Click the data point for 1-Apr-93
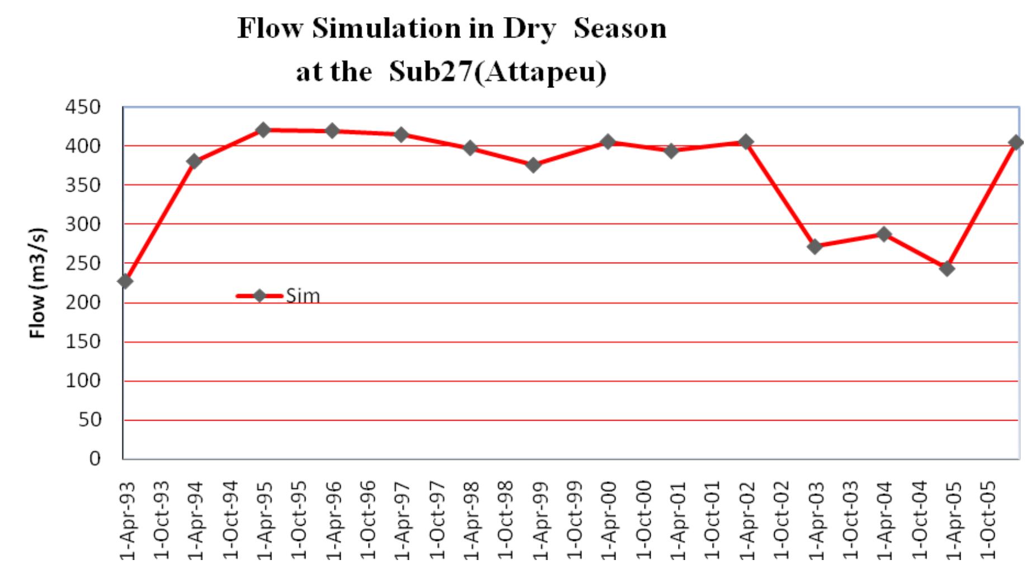click(x=125, y=281)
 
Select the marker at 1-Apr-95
click(x=263, y=130)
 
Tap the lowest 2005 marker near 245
click(x=947, y=268)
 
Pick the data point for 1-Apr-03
click(x=815, y=246)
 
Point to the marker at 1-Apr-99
click(x=533, y=165)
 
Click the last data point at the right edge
click(x=1016, y=142)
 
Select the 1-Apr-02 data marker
click(x=745, y=142)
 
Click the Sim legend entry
click(x=302, y=296)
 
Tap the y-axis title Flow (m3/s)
click(x=37, y=283)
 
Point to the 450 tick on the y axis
click(x=83, y=107)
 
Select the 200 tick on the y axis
click(x=83, y=302)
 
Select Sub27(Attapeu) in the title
click(x=497, y=73)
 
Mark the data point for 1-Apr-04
click(x=884, y=234)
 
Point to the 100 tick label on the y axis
click(x=83, y=381)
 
